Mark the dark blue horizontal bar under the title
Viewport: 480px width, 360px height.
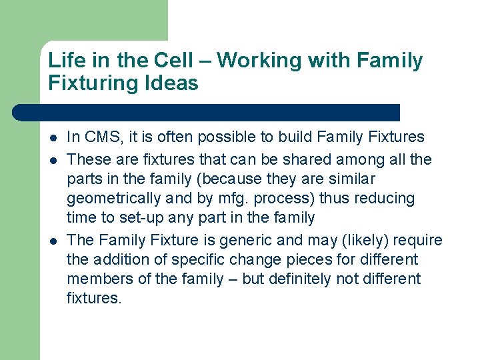(x=207, y=112)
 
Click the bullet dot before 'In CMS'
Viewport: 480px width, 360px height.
(x=53, y=137)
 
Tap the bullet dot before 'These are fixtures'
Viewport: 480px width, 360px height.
(x=53, y=160)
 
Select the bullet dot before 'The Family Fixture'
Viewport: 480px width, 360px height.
(x=53, y=241)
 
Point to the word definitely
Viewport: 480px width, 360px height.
(x=305, y=279)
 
